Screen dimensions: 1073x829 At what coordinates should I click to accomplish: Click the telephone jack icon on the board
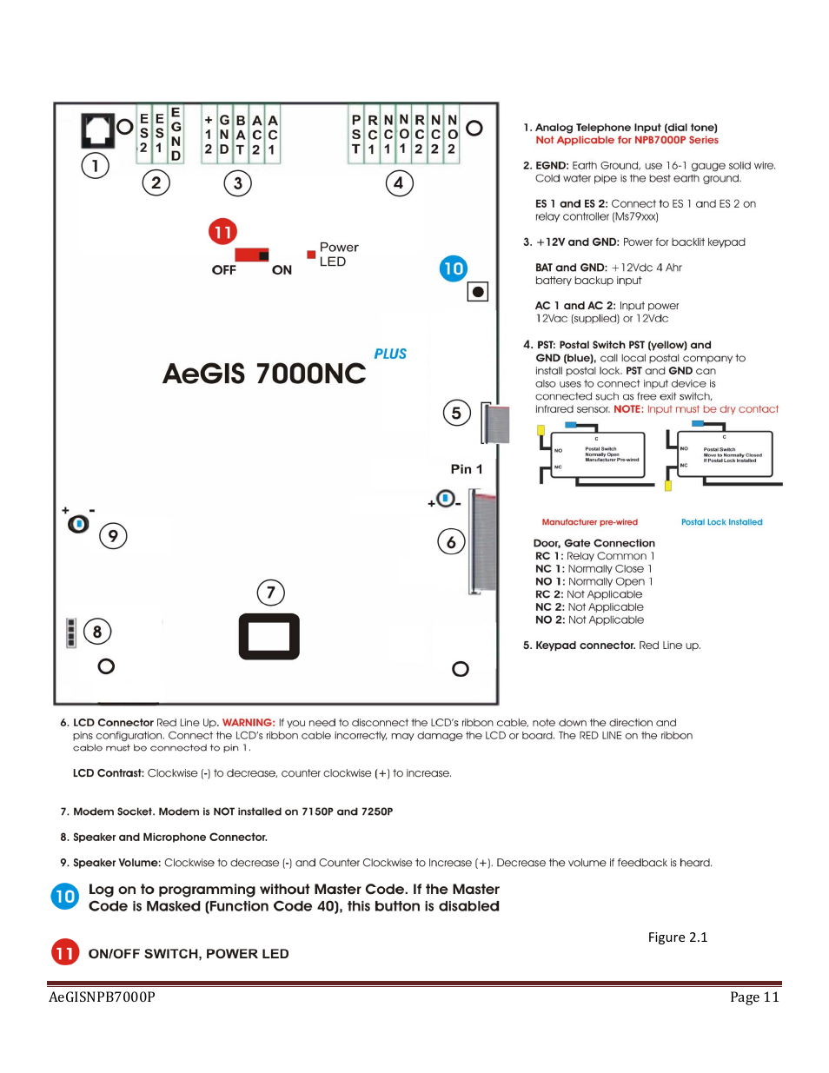[97, 130]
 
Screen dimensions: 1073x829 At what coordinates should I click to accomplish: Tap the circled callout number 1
[95, 165]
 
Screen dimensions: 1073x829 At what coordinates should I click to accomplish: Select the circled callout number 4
[399, 183]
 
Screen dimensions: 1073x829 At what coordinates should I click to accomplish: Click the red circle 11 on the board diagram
[222, 232]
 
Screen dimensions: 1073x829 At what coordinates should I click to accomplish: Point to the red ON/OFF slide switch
[252, 255]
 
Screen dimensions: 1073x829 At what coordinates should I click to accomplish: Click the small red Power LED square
[311, 255]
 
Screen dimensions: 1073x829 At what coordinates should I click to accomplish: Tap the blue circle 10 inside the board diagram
[453, 268]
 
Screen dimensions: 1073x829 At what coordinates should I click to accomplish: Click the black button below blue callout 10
[477, 292]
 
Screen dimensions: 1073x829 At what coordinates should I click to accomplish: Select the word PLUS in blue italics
[390, 354]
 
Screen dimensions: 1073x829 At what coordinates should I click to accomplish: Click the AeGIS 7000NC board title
[264, 374]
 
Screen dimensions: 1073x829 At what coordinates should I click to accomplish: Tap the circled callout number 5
[456, 414]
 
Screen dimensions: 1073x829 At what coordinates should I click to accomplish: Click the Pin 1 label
[466, 469]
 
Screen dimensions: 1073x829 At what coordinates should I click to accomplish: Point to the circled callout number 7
[271, 593]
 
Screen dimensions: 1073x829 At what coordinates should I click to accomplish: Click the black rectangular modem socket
[269, 637]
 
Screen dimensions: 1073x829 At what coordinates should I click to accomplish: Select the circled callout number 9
[113, 536]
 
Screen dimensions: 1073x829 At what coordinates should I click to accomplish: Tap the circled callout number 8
[97, 632]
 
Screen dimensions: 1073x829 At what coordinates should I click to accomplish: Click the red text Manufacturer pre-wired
[589, 522]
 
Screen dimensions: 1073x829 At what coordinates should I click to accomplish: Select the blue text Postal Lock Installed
[721, 522]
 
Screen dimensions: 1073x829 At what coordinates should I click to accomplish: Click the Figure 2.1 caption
[677, 937]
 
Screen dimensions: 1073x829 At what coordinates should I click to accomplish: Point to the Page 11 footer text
[753, 997]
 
